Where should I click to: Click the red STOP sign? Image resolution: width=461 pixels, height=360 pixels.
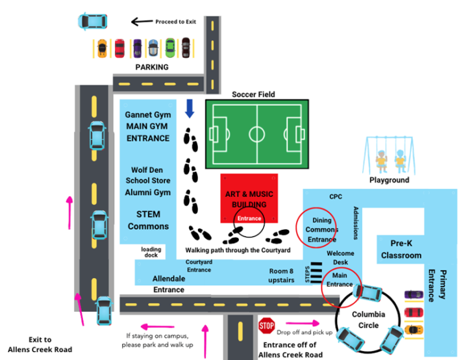[x=267, y=325]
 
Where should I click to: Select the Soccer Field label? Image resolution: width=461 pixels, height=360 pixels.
[x=253, y=94]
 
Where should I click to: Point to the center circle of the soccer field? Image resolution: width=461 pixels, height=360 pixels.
[x=257, y=135]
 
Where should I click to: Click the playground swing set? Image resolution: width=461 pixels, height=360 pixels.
[x=390, y=155]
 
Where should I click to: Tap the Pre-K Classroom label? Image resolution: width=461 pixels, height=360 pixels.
[x=401, y=249]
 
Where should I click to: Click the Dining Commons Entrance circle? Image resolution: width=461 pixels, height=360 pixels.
[x=316, y=229]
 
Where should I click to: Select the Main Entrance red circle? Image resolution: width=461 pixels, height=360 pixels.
[x=340, y=280]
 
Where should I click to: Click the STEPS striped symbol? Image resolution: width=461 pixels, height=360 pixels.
[x=315, y=271]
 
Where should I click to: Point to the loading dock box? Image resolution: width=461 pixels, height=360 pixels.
[x=151, y=251]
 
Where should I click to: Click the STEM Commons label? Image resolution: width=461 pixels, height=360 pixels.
[x=148, y=220]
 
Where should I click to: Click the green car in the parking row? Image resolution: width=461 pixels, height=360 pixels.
[x=169, y=47]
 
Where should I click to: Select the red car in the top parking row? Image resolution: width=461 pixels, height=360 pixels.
[x=119, y=47]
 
